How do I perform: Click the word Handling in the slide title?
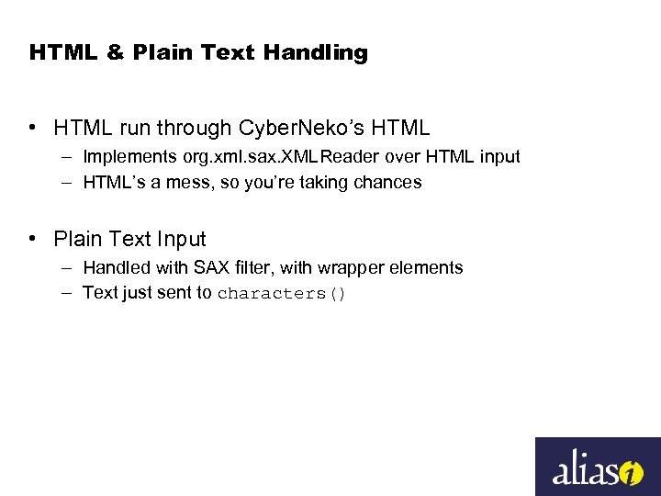(x=315, y=52)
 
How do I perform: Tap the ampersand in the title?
(x=115, y=52)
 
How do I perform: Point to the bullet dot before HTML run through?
(x=33, y=128)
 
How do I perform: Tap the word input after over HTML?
(x=499, y=157)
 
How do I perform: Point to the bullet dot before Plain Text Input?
(x=33, y=239)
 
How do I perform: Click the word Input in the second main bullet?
(x=181, y=239)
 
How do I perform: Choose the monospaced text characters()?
(x=281, y=294)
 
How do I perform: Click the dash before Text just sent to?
(x=69, y=293)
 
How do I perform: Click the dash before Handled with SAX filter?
(x=69, y=268)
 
